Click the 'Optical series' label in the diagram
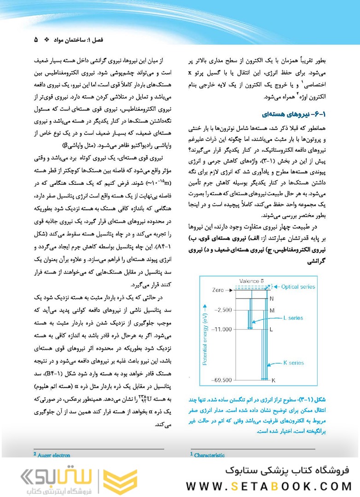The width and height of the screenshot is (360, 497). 297,287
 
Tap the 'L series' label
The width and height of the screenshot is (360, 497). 293,317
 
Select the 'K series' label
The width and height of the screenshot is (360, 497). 293,363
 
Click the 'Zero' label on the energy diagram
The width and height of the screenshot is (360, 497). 218,290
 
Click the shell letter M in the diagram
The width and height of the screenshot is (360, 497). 272,310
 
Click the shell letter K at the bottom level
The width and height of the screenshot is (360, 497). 273,380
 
